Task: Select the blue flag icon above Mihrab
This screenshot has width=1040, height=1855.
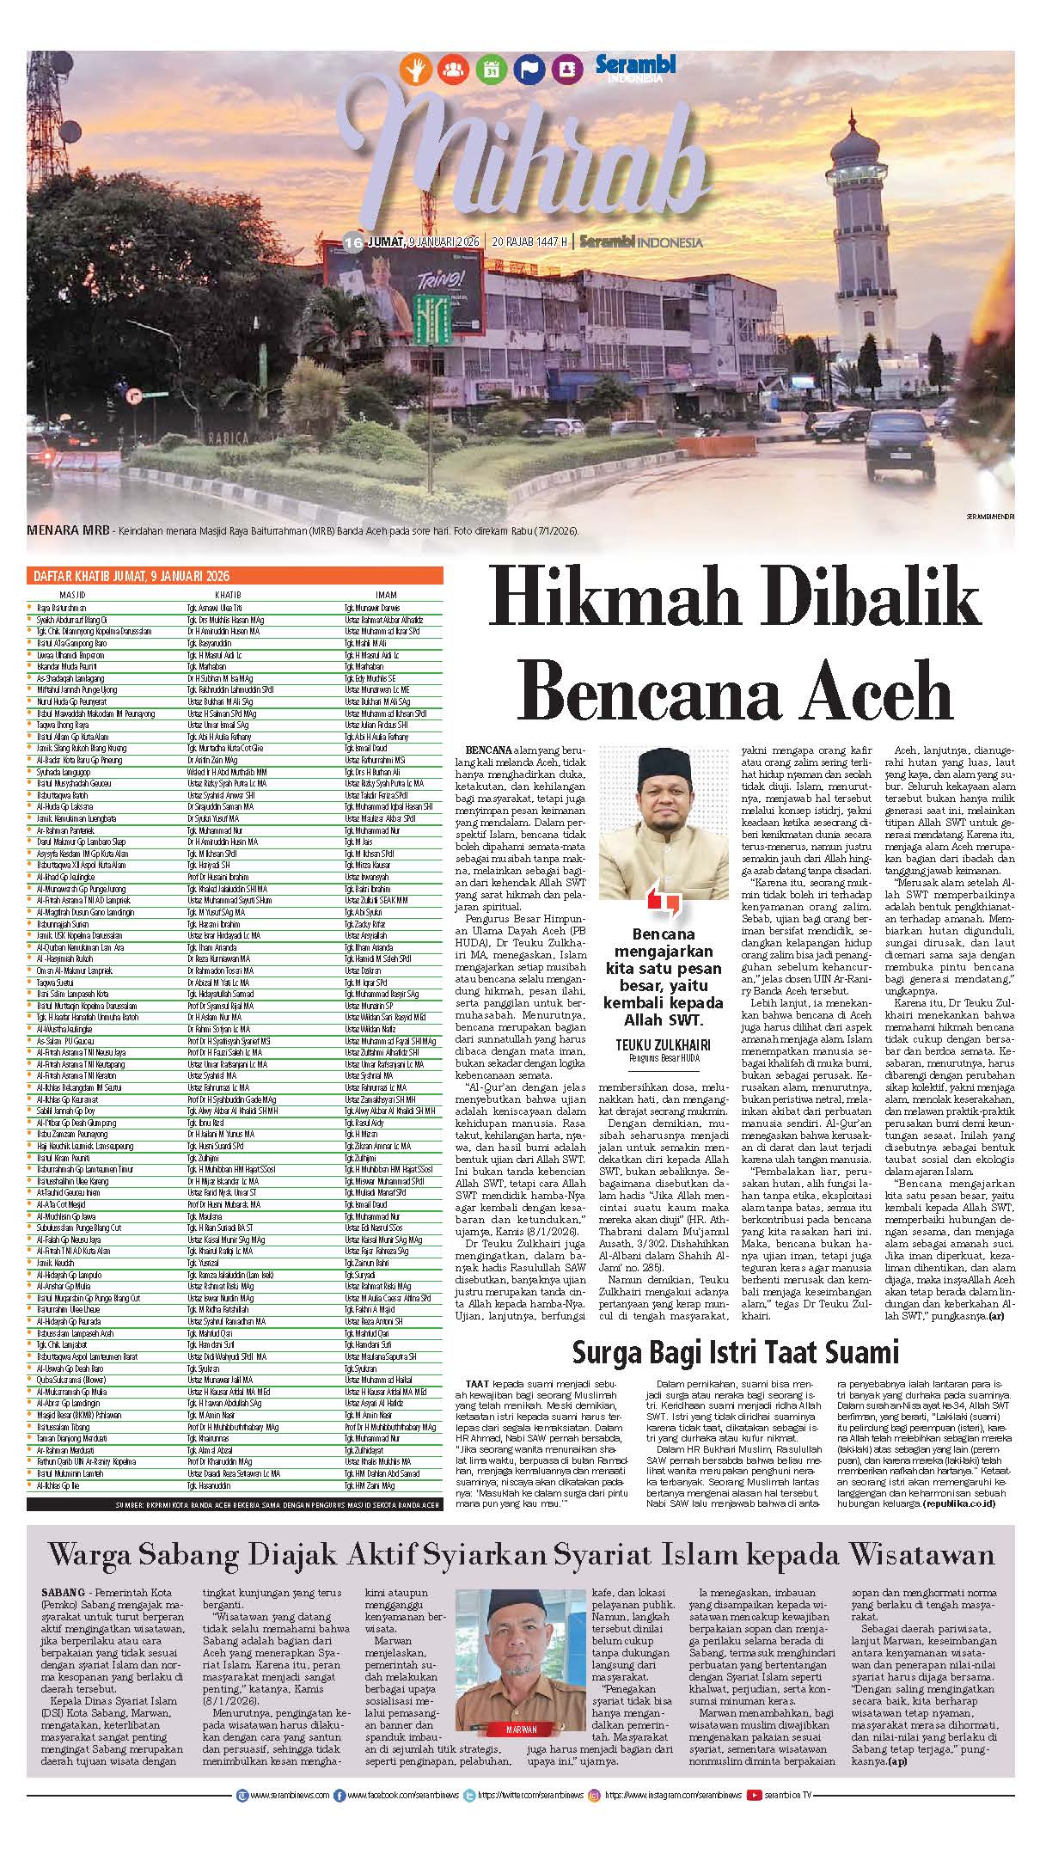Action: tap(527, 69)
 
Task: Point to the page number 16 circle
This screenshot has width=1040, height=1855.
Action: tap(352, 242)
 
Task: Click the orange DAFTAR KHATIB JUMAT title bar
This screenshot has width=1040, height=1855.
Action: tap(129, 576)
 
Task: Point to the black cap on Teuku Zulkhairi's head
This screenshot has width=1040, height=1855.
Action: tap(658, 762)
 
